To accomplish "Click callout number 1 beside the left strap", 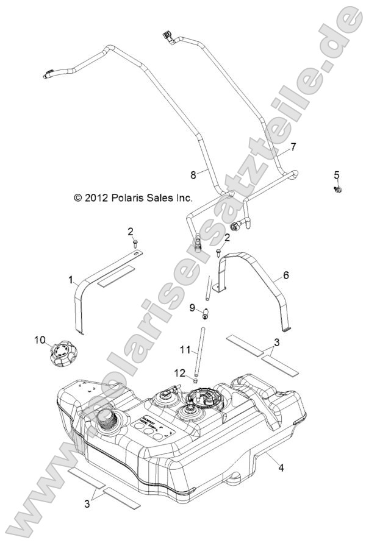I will coord(71,280).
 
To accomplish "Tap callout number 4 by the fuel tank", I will coord(281,469).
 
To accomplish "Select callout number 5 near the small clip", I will coord(336,176).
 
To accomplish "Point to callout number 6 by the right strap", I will coord(285,275).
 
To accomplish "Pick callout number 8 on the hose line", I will coord(193,174).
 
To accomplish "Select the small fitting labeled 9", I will coord(206,314).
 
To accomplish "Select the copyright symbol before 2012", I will coord(77,198).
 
